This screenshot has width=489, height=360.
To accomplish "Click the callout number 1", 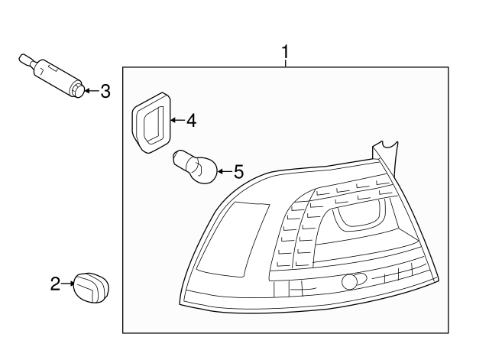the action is tap(285, 53).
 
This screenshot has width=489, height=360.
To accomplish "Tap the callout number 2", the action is tap(55, 284).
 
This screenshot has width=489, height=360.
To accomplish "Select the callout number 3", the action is tap(105, 91).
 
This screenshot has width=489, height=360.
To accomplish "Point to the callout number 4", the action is tap(192, 121).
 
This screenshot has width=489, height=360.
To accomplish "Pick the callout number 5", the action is tap(238, 172).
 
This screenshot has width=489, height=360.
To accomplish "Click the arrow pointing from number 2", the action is tap(68, 284).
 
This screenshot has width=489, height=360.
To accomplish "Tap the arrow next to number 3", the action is tap(92, 91).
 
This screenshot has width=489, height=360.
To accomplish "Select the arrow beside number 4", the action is tap(178, 120).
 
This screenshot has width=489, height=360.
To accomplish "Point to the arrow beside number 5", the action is tap(225, 171).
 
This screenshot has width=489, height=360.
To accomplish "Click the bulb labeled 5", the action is tap(195, 167).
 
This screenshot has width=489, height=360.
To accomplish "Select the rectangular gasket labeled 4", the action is tap(151, 122).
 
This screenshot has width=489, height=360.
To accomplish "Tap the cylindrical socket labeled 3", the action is tap(53, 75).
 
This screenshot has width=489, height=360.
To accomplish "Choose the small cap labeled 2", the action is tap(92, 287).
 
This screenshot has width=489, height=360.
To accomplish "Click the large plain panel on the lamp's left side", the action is tap(234, 239).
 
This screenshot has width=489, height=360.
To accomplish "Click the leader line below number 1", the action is tap(285, 63).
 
